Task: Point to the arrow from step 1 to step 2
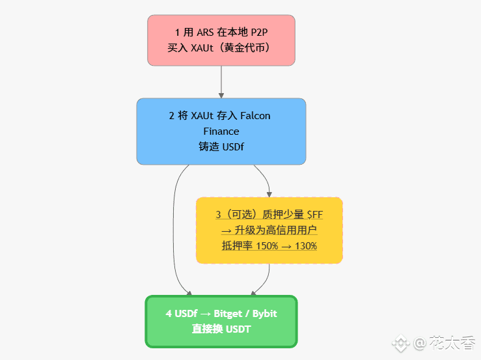[221, 81]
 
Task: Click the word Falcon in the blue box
[255, 116]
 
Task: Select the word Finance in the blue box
[221, 132]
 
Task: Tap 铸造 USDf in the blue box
[221, 147]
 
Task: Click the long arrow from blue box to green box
[174, 228]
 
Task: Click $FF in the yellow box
[315, 215]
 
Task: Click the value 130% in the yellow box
[305, 246]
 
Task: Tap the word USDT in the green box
[238, 329]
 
